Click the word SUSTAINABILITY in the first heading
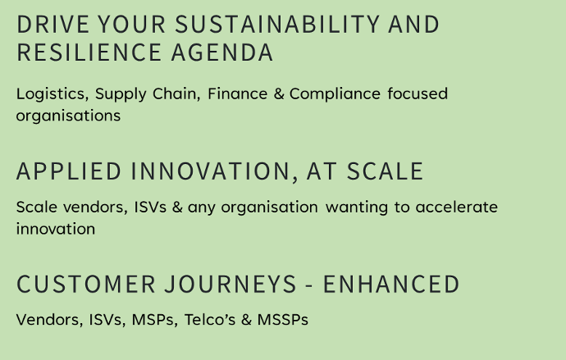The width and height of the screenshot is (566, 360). point(277,25)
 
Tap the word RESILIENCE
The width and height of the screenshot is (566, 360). point(89,52)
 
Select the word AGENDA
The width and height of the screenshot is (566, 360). point(222,52)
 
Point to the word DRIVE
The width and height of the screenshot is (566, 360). point(52,25)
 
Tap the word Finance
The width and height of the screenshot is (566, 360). point(238,93)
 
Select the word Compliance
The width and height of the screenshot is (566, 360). point(335,94)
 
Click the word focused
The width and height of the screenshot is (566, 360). point(418,93)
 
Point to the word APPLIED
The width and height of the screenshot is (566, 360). point(69,171)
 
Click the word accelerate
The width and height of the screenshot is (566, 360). point(457,207)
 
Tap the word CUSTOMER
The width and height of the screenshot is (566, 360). point(86,285)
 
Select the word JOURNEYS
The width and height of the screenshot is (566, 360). point(231,285)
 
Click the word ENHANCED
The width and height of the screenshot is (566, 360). point(391,285)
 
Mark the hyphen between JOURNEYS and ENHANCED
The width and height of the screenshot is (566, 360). point(309,286)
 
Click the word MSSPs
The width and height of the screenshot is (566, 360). point(283,320)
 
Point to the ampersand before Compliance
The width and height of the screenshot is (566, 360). point(279,93)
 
